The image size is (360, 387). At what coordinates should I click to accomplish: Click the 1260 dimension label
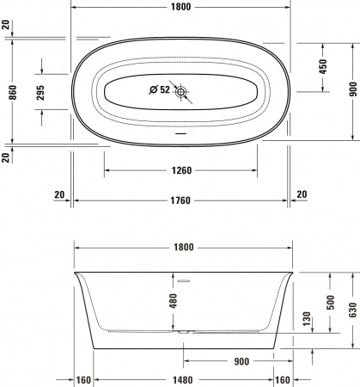[180, 170]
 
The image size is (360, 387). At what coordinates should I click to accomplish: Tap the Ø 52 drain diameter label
[158, 89]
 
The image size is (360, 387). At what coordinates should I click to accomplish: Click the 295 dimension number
[40, 93]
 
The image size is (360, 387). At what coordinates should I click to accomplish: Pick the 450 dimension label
[322, 67]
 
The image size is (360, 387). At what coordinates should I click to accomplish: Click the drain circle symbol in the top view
[181, 90]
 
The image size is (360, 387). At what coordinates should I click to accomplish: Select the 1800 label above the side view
[180, 247]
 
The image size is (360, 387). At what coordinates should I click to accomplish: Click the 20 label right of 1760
[301, 194]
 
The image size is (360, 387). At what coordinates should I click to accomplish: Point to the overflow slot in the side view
[182, 279]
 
